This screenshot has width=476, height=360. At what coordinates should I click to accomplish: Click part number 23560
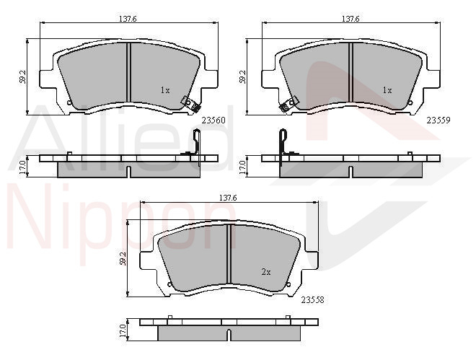pos(213,120)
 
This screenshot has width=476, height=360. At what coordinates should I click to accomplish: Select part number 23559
pos(438,120)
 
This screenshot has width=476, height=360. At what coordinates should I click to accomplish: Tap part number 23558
pos(313,300)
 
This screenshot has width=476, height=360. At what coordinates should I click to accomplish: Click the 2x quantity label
pos(266,272)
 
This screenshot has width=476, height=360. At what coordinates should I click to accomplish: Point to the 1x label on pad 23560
pos(165,90)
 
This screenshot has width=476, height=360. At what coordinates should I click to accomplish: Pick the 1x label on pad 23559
pos(387,90)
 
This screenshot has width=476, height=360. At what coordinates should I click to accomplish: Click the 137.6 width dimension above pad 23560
pos(128,19)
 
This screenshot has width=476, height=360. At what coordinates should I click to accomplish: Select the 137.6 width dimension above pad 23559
pos(351,19)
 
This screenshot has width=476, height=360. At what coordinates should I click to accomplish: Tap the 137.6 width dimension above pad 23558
pos(228,198)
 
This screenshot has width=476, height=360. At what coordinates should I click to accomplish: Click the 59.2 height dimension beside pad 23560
pos(22,77)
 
